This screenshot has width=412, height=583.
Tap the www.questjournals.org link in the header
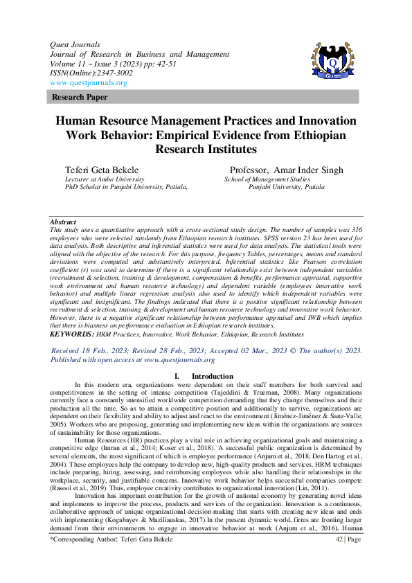89,83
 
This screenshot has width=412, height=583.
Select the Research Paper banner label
80,98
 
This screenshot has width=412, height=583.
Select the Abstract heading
63,222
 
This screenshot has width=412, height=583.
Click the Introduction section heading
213,377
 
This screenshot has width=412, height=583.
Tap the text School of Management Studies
267,179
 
